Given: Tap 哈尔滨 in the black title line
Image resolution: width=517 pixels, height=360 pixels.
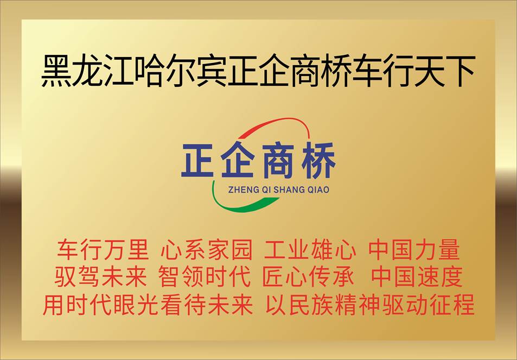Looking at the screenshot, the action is tap(180, 71).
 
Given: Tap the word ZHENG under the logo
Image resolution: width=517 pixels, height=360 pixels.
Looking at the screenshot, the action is tap(239, 190).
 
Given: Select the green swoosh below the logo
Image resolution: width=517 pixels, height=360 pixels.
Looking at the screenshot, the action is tap(238, 205).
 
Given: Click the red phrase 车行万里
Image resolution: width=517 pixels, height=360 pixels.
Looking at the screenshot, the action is tap(103, 249).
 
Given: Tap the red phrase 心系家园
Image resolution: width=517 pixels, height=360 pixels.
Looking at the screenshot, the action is tap(206, 249).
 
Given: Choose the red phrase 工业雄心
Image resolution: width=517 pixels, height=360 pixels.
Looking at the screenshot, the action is tap(310, 249).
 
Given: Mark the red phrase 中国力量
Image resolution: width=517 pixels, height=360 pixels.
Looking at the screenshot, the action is tap(414, 249).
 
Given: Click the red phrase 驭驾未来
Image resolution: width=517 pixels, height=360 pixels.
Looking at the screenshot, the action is tap(100, 276).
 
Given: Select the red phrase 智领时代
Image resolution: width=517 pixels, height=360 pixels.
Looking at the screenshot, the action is tap(204, 276).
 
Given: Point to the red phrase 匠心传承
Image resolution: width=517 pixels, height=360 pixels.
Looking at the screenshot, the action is tap(308, 276).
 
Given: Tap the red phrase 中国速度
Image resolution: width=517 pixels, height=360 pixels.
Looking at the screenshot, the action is tap(417, 276).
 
